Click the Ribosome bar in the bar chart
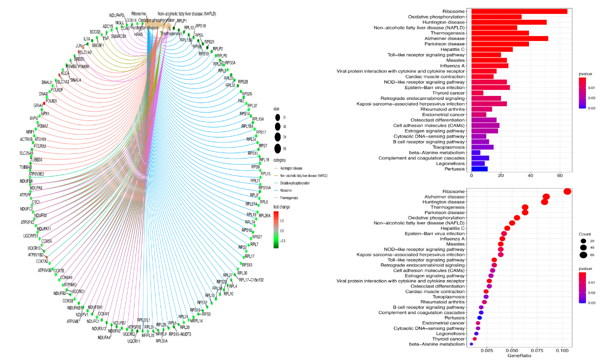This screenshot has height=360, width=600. pos(519,11)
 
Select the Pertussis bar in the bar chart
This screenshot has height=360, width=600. pos(479,169)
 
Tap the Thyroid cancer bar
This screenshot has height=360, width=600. pos(477,93)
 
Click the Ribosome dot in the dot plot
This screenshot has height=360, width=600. pos(567,191)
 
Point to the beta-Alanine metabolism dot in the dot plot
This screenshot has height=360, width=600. pos(471,344)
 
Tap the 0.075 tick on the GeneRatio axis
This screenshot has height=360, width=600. pos(538,351)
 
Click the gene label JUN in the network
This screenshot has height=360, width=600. pos(78,45)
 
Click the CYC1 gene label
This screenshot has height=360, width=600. pos(35,202)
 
